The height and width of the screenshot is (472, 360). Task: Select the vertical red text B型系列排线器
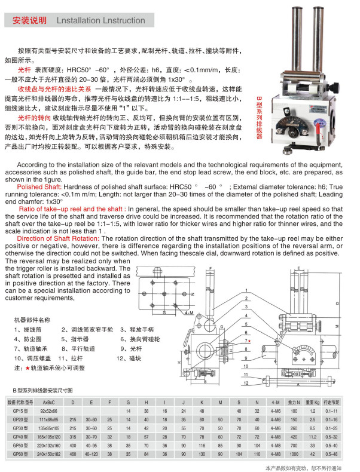coord(259,117)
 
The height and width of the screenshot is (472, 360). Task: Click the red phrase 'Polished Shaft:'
coord(38,187)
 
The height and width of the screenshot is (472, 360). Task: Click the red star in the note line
coord(28,367)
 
